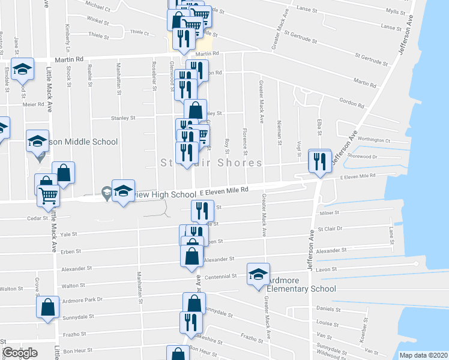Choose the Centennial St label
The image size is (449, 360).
(221, 277)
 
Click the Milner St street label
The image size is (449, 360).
(330, 212)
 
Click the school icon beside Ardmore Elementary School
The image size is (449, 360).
(259, 274)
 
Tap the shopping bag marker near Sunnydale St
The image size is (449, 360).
(48, 307)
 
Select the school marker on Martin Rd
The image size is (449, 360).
(22, 70)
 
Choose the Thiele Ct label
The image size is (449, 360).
(139, 33)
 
